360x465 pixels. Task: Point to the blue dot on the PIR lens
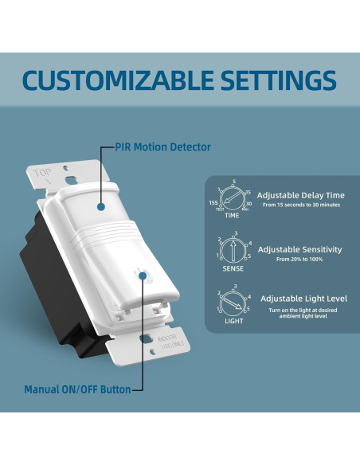(x=101, y=205)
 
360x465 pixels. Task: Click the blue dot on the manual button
(x=143, y=276)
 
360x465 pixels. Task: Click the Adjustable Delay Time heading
(x=301, y=194)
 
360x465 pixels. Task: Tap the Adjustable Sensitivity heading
(x=299, y=249)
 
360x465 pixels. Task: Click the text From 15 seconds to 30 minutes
(x=300, y=205)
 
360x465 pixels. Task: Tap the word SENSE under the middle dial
(x=233, y=269)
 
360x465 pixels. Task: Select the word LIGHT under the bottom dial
(x=233, y=321)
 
